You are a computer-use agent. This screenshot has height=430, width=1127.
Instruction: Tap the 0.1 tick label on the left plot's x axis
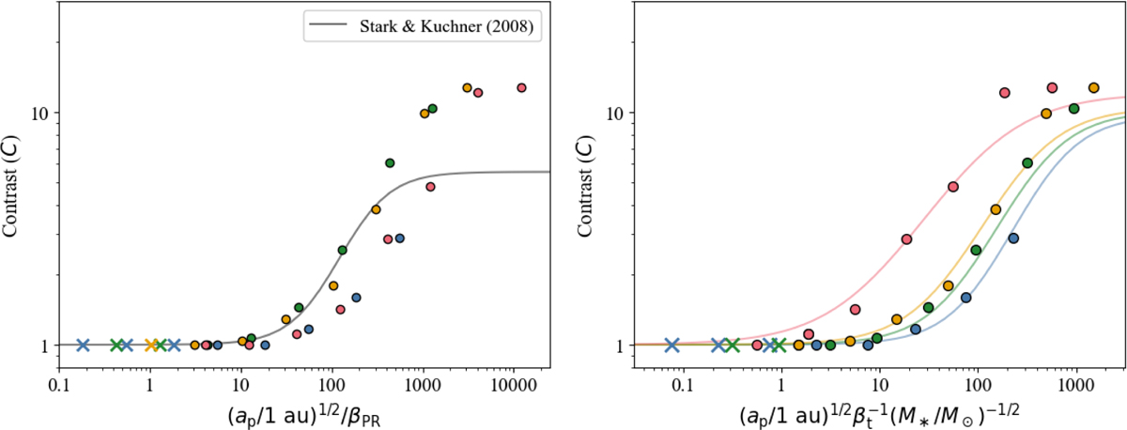click(x=59, y=386)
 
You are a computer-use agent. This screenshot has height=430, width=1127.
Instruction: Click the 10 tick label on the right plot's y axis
click(x=615, y=114)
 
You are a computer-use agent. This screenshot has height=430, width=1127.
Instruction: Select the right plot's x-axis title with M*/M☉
click(x=879, y=415)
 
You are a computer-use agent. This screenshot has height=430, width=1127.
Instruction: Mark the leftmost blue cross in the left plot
click(x=83, y=345)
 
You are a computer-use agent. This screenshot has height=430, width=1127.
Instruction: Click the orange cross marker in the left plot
click(x=151, y=345)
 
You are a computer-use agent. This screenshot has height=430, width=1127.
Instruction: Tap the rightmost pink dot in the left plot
click(x=522, y=87)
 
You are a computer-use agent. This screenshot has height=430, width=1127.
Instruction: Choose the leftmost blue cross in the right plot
click(x=672, y=345)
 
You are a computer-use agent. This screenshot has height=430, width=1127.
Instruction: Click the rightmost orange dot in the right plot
click(x=1093, y=88)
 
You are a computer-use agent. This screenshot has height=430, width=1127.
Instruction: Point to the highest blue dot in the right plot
click(x=1013, y=238)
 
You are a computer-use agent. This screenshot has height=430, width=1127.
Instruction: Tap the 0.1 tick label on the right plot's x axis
click(x=683, y=386)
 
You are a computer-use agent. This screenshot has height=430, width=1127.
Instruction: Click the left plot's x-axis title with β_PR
click(x=307, y=415)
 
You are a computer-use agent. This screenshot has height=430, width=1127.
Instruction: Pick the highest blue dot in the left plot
click(x=399, y=238)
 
